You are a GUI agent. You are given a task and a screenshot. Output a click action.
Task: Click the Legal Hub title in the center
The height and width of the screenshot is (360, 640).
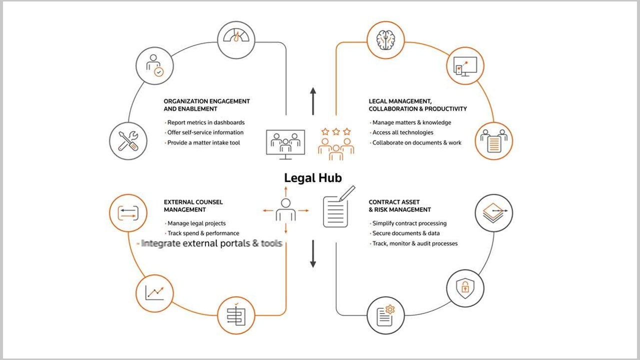(x=313, y=178)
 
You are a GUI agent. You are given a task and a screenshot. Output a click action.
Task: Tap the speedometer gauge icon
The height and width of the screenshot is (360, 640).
(x=236, y=39)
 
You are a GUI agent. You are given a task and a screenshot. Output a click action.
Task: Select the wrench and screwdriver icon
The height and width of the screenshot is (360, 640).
(x=128, y=141)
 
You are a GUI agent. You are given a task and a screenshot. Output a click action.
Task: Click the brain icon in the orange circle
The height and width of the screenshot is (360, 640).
(x=385, y=39)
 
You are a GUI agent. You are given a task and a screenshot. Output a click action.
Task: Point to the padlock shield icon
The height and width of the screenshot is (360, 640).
(x=465, y=288)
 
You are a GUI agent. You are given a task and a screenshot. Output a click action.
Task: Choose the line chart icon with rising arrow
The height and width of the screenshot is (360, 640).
(x=154, y=292)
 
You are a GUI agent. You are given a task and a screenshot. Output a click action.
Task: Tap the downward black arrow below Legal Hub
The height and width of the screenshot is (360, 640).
(x=313, y=254)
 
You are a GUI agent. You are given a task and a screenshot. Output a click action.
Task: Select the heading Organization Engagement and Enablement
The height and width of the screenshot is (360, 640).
(x=206, y=104)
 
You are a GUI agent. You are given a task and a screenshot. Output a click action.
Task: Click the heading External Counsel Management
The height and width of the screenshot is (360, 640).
(x=193, y=205)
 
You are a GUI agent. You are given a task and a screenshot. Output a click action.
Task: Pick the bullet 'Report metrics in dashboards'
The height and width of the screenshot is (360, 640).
(x=206, y=122)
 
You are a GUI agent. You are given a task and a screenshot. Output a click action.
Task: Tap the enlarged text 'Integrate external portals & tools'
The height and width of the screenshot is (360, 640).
(x=211, y=243)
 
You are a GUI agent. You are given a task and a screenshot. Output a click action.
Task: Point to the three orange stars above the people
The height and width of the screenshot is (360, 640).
(x=336, y=131)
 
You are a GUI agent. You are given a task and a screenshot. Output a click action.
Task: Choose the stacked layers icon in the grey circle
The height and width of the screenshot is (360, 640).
(x=493, y=212)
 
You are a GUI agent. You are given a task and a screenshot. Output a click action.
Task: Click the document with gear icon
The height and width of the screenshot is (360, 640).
(x=385, y=314)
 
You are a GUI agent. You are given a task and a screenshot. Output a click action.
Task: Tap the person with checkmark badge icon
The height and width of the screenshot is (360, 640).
(x=154, y=66)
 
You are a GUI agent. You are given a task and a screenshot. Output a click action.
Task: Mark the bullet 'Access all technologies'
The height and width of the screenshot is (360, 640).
(x=402, y=132)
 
